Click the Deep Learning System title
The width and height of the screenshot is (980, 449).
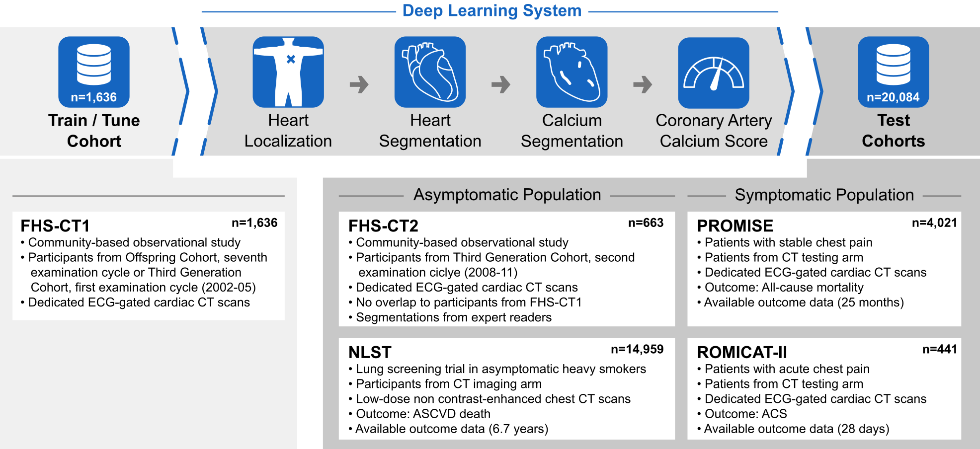click(491, 11)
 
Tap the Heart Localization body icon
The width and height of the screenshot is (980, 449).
click(288, 72)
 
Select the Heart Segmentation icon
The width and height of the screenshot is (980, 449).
click(430, 72)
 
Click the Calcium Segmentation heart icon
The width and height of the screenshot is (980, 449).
click(572, 72)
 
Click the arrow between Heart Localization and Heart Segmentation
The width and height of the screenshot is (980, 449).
click(359, 84)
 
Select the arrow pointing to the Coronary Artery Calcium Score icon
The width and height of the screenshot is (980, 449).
click(643, 84)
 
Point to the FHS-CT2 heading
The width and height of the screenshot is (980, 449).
click(383, 226)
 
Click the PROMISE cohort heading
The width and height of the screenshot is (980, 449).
click(735, 226)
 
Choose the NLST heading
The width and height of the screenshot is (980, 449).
click(370, 353)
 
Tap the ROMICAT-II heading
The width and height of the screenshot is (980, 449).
click(742, 353)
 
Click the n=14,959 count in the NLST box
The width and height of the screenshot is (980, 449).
click(637, 350)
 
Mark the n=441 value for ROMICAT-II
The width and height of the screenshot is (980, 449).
click(939, 350)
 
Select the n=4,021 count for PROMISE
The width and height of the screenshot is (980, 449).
click(934, 223)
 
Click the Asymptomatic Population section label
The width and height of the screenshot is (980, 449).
click(507, 195)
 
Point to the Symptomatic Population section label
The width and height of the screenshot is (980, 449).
click(824, 195)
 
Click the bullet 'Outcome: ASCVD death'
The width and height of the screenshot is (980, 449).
click(423, 414)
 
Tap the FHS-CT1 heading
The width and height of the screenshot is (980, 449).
click(55, 226)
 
